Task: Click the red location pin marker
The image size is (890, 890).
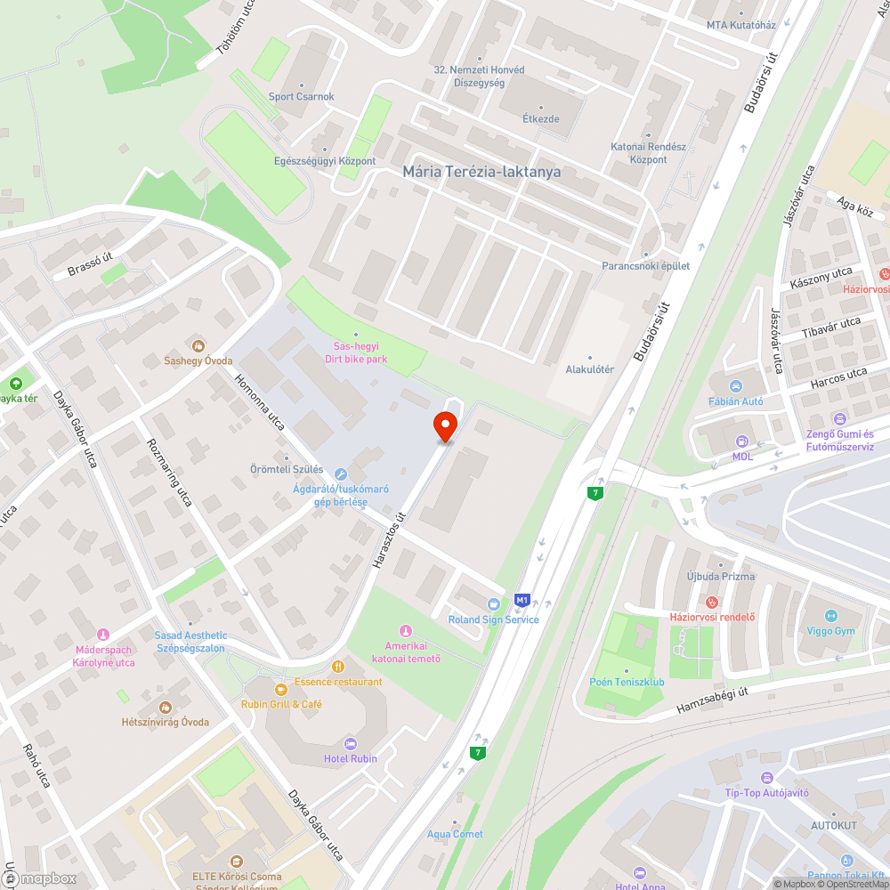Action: click(445, 427)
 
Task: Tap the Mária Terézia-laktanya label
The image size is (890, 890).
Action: click(481, 172)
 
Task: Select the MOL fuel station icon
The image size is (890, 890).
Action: click(741, 441)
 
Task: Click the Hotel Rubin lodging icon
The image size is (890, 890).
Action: click(350, 743)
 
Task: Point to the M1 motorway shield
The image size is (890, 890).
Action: click(522, 600)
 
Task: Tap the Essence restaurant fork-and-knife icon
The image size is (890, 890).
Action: click(337, 666)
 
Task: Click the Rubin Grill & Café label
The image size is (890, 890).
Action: click(281, 704)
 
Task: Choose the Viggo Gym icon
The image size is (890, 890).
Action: click(831, 616)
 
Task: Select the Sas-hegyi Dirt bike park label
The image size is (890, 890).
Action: click(356, 352)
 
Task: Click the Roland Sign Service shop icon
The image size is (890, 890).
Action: click(494, 604)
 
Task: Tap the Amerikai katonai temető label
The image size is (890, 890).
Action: click(407, 651)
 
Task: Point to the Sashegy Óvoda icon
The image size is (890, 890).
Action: click(198, 345)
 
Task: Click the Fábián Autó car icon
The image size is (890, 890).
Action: click(735, 386)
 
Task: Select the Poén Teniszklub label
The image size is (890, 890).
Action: click(627, 683)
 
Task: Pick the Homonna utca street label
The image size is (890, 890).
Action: click(259, 401)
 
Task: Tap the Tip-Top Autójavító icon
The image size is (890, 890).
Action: click(767, 778)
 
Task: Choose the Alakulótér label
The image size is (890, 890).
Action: click(590, 369)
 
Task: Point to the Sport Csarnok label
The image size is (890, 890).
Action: click(302, 96)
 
